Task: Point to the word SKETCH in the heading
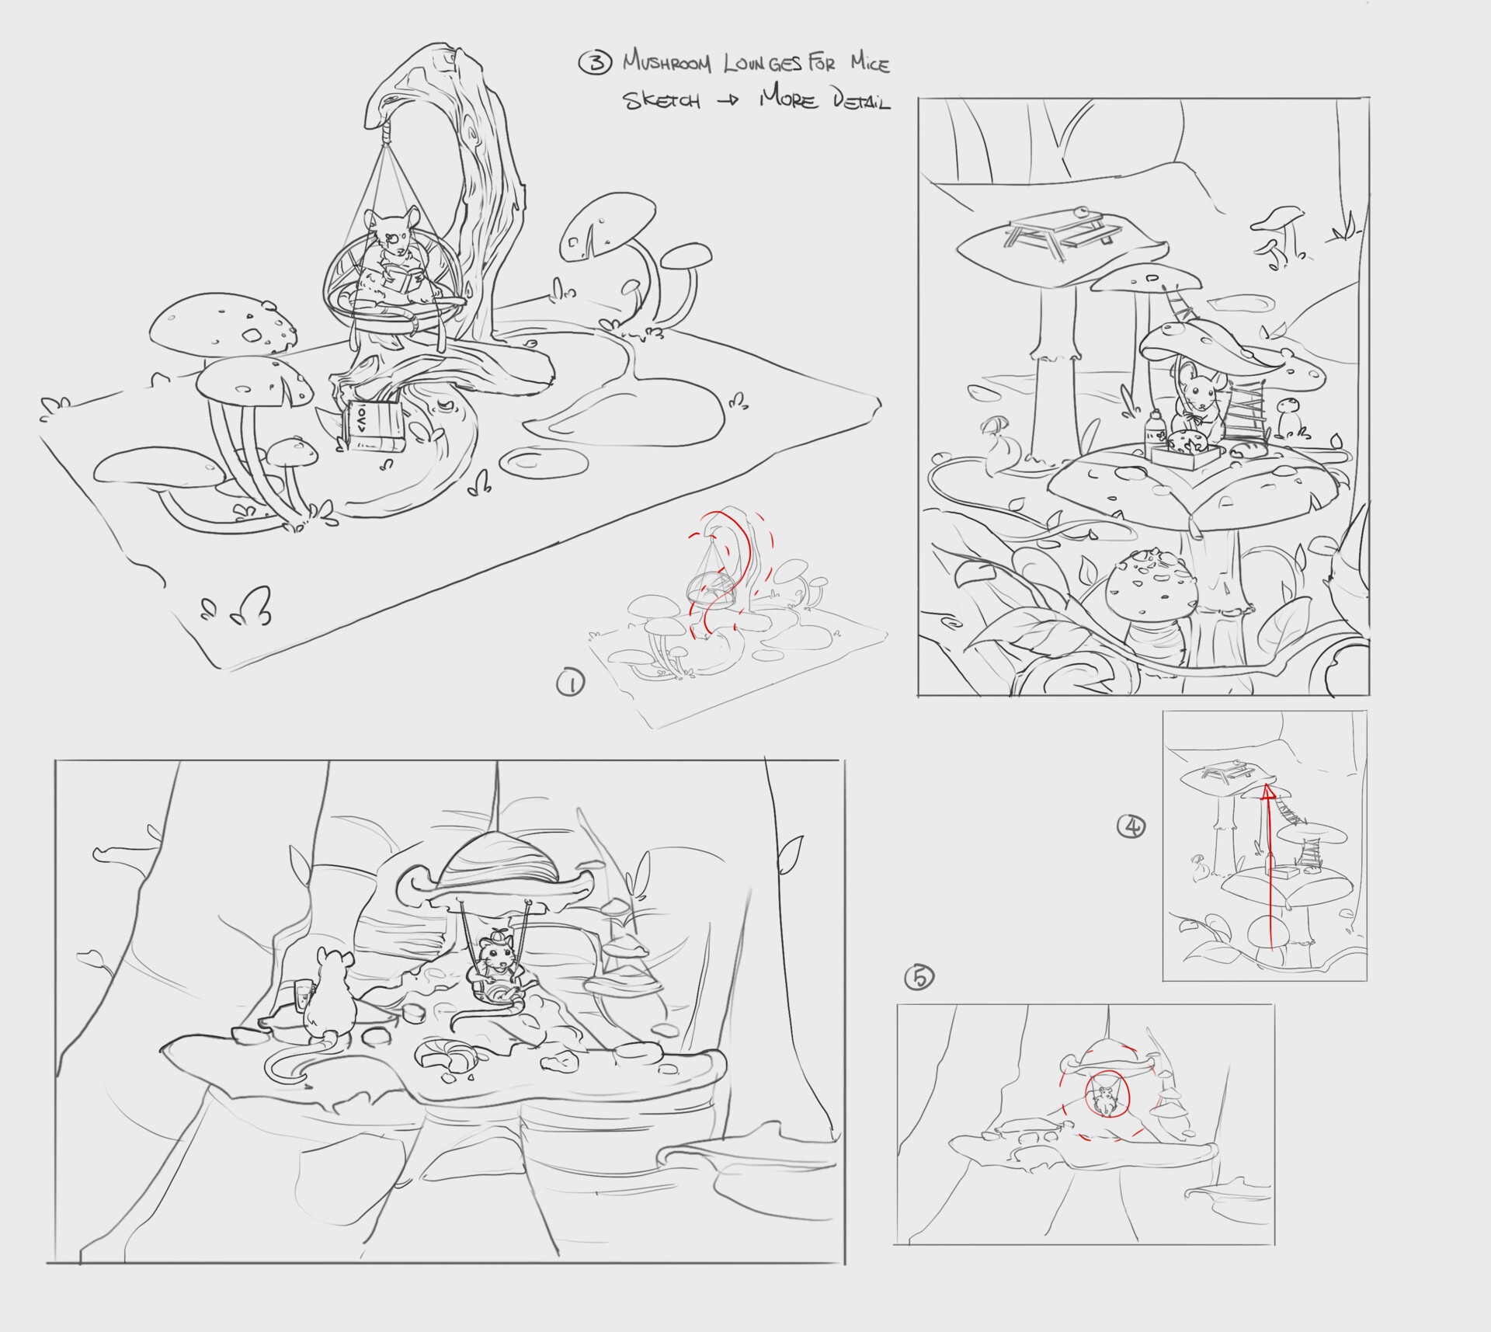[662, 101]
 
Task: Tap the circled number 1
[571, 683]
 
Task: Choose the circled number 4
[1131, 826]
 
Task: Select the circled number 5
[919, 977]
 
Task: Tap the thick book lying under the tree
[374, 426]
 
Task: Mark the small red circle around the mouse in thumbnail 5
[1107, 1095]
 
